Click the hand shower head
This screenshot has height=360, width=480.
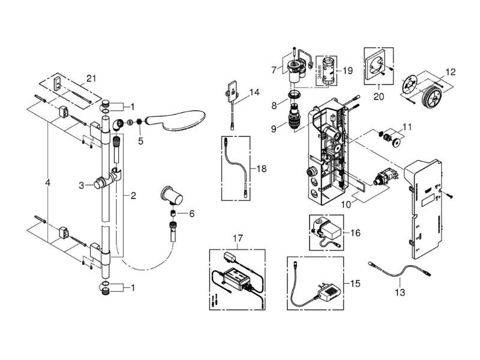point(176,121)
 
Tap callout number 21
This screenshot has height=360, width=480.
point(91,79)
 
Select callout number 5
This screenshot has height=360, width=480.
point(140,141)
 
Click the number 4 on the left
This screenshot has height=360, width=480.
point(47,183)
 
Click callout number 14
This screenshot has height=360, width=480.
point(254,92)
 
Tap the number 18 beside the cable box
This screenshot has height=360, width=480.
point(262,169)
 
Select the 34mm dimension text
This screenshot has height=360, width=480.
point(320,72)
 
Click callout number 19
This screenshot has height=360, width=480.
point(348,71)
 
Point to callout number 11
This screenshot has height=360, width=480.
point(407,127)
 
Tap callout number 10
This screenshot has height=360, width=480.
point(346,204)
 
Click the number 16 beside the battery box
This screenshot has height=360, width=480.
point(355,233)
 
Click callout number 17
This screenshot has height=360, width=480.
point(238,238)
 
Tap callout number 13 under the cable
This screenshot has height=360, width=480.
point(400,292)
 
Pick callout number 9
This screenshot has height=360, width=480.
point(274,128)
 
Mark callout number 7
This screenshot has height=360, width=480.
point(274,70)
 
